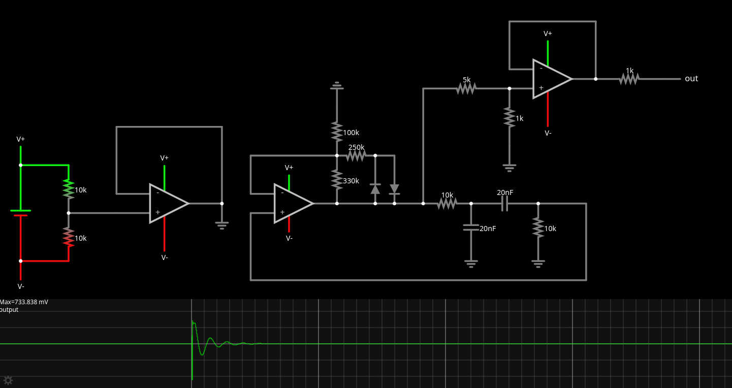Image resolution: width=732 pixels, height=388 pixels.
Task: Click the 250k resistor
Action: click(x=356, y=155)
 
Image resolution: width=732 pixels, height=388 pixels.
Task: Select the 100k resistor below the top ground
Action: click(x=336, y=131)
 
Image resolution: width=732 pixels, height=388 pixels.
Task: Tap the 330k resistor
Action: click(x=336, y=179)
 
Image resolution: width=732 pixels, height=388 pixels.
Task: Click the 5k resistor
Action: click(x=466, y=88)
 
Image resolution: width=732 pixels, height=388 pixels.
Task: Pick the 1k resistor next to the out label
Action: click(x=629, y=79)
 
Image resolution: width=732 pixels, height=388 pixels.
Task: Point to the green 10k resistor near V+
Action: click(x=69, y=189)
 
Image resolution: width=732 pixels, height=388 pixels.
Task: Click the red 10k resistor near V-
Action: click(x=69, y=237)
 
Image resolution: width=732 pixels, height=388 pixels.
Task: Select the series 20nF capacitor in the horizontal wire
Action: click(x=504, y=203)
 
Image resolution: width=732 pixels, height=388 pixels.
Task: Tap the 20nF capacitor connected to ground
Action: click(x=471, y=228)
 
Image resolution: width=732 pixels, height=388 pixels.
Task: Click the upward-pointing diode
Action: click(x=375, y=189)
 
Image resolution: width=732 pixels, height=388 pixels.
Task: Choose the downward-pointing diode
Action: click(x=394, y=189)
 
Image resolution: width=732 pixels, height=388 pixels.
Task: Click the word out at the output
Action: click(x=691, y=79)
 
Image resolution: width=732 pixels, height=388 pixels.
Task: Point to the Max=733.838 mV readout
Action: click(x=24, y=302)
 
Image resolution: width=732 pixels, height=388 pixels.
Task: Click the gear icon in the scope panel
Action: click(x=8, y=380)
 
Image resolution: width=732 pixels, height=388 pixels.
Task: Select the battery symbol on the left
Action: click(x=21, y=213)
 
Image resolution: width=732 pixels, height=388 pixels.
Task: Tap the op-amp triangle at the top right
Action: click(x=551, y=79)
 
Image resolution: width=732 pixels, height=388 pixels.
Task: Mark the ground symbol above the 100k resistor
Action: click(x=336, y=86)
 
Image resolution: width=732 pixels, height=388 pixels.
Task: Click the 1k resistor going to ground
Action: click(x=510, y=117)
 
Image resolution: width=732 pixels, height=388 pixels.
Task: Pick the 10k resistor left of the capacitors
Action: click(x=447, y=203)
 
